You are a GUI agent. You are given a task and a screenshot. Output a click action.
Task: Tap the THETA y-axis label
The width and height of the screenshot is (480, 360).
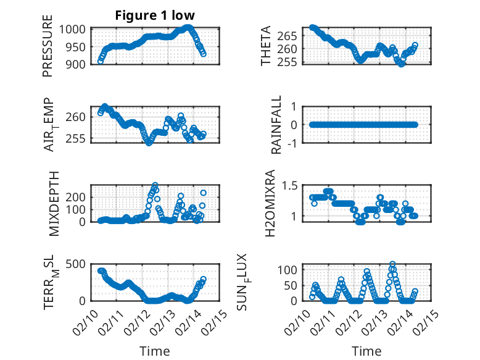pyautogui.click(x=266, y=46)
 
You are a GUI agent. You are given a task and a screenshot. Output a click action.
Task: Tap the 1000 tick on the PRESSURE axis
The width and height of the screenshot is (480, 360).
pyautogui.click(x=76, y=29)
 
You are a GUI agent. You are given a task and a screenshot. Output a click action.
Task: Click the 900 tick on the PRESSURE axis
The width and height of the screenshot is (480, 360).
pyautogui.click(x=79, y=63)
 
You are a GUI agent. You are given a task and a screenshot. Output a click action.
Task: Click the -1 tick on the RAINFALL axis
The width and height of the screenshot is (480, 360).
pyautogui.click(x=294, y=143)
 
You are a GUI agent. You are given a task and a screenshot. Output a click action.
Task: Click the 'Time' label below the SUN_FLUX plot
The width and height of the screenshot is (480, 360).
pyautogui.click(x=366, y=351)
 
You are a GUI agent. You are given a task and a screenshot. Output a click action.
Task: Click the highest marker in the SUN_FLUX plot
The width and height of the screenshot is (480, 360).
pyautogui.click(x=392, y=264)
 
